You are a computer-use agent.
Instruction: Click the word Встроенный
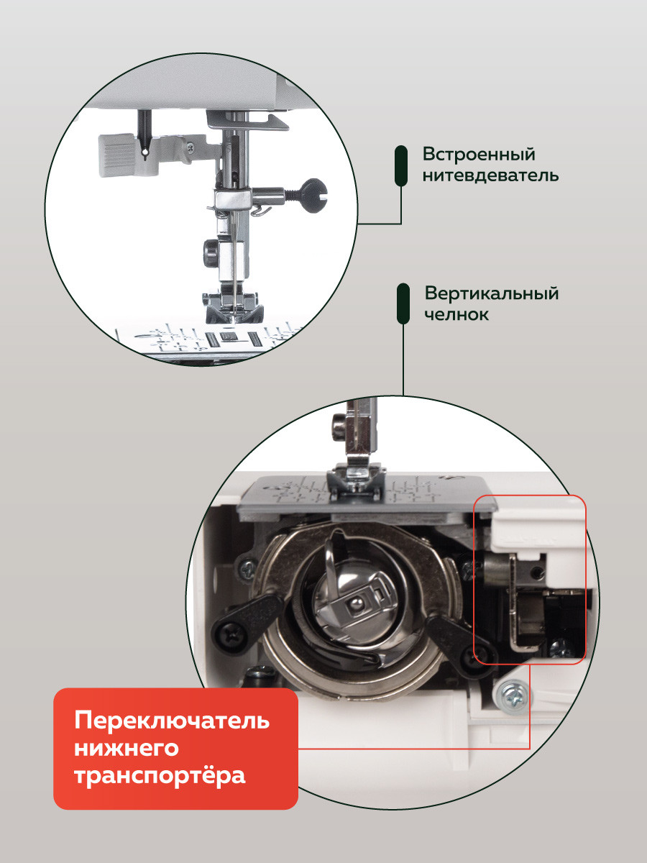coord(479,154)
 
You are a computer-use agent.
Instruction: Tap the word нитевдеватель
coord(491,175)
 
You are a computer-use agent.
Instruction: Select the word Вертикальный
coord(492,294)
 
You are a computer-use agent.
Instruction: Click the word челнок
coord(456,314)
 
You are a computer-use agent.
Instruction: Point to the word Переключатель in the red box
coord(172,721)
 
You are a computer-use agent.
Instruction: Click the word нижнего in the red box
coord(127,748)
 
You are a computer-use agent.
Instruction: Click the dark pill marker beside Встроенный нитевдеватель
coord(401,165)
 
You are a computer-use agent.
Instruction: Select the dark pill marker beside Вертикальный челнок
coord(403,303)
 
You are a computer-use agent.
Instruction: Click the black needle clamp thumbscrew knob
coord(312,196)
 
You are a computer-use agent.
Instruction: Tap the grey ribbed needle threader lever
coord(118,155)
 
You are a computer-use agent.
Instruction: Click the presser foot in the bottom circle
coord(357,479)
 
